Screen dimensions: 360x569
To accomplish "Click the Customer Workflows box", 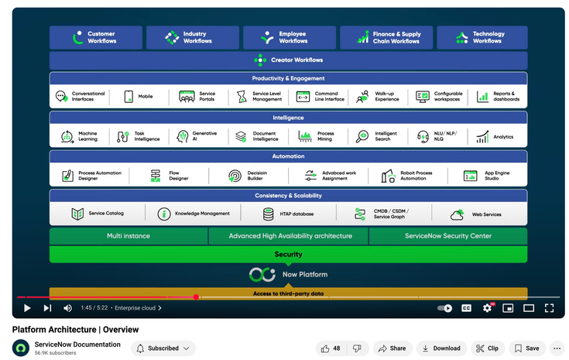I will click(x=95, y=37).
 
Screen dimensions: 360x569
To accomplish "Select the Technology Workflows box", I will click(x=482, y=37).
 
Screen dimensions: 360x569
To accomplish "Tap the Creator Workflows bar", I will click(x=288, y=60).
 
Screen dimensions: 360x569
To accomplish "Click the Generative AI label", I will click(x=204, y=136).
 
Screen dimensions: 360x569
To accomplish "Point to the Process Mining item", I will click(x=325, y=136).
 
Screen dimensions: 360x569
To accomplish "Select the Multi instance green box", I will click(x=129, y=236).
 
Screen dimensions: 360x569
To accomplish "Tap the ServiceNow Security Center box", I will click(x=447, y=236).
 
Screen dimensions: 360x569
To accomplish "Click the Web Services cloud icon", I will click(x=458, y=214).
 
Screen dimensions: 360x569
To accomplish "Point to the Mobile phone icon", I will click(x=129, y=97).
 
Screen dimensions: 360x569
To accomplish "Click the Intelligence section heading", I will click(x=288, y=118).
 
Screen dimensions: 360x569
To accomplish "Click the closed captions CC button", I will click(x=467, y=308).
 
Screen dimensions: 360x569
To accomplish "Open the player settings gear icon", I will click(x=487, y=308).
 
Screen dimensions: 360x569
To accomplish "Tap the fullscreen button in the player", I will click(x=549, y=308).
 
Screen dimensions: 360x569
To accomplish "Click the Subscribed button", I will click(x=163, y=348).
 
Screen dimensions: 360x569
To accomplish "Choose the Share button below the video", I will click(x=392, y=348).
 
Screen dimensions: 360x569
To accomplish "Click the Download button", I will click(x=441, y=348).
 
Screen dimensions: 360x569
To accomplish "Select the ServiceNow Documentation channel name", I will click(x=77, y=345).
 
